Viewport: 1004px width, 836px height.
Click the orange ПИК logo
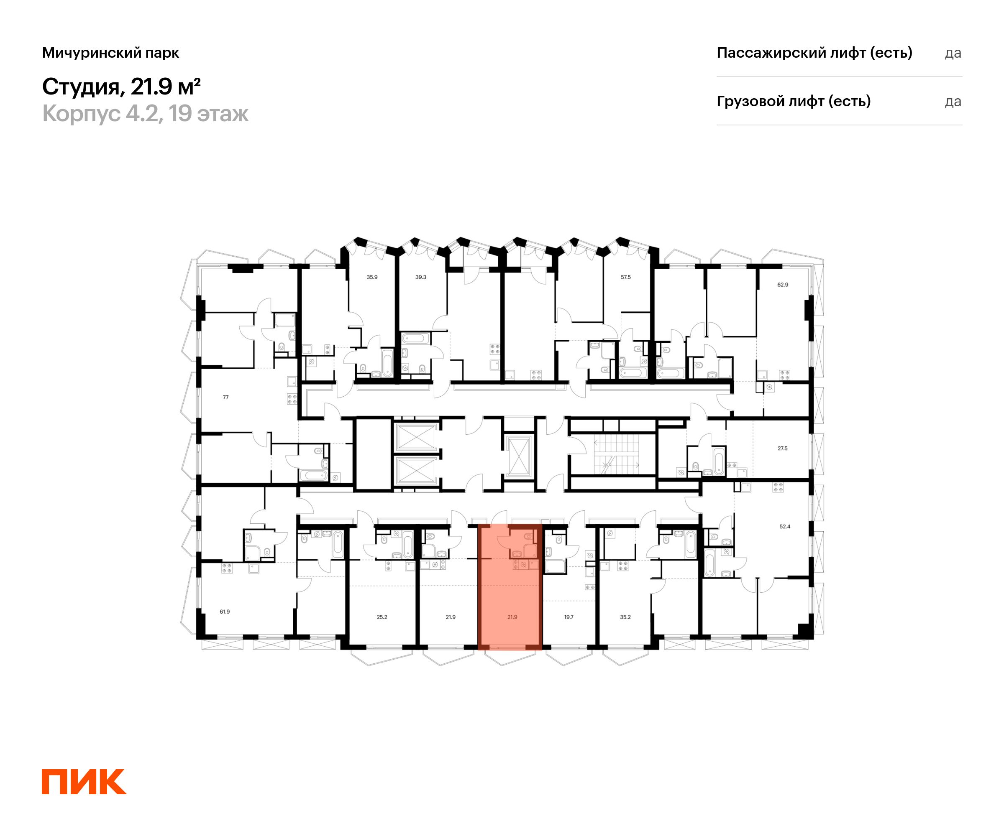[84, 782]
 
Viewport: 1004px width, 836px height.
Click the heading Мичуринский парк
[110, 53]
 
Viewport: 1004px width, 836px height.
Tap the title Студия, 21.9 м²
[121, 87]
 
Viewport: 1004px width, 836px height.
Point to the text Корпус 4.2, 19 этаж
[145, 114]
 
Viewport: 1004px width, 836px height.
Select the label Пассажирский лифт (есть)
[814, 53]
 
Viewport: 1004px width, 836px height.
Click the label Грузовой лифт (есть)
[794, 101]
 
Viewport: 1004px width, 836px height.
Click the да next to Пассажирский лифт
[953, 53]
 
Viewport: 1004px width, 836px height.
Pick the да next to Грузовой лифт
[953, 102]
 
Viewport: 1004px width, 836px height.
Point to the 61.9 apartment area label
[225, 612]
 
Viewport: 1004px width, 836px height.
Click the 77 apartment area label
[225, 397]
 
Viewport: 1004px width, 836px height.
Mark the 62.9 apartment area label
[783, 285]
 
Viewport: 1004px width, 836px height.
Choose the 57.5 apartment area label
[626, 277]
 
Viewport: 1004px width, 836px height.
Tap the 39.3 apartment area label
[421, 277]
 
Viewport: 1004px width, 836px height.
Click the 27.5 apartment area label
[782, 449]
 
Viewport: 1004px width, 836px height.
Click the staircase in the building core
[616, 454]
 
